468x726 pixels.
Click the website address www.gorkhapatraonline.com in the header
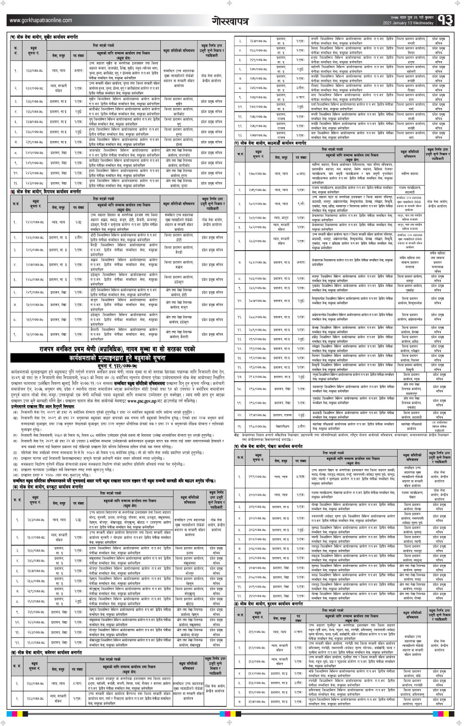click(x=41, y=20)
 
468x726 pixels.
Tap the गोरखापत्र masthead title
click(x=230, y=21)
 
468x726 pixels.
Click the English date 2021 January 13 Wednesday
click(x=408, y=23)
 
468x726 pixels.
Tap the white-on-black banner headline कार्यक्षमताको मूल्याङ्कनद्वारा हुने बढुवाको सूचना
click(x=117, y=357)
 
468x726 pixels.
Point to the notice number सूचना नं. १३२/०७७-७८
click(x=117, y=366)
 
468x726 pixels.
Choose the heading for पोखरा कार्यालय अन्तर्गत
click(x=270, y=446)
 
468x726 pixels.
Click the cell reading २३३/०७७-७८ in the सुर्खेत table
click(x=34, y=70)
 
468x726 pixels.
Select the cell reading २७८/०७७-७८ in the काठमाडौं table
click(x=257, y=174)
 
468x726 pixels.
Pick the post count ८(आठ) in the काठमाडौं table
click(x=301, y=174)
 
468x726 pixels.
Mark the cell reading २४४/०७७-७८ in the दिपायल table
click(x=34, y=222)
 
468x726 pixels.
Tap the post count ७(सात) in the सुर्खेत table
click(x=78, y=70)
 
